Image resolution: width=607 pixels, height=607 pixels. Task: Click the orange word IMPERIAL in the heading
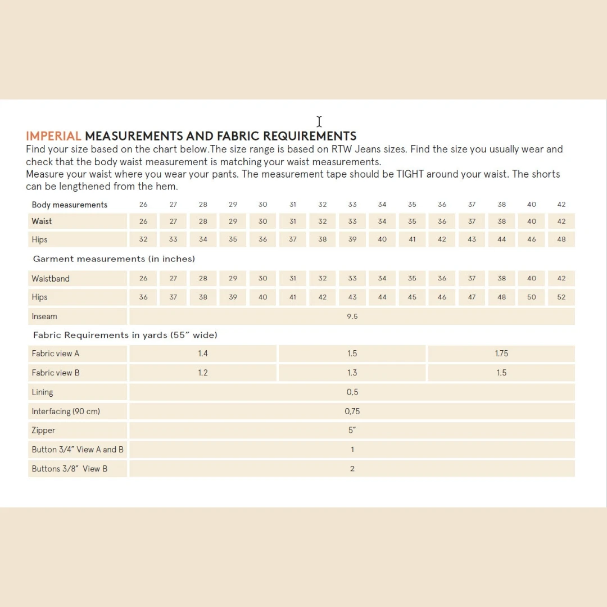[x=53, y=136]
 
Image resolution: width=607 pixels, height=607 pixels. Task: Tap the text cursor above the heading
[x=319, y=121]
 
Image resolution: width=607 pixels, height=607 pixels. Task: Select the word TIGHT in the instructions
[x=410, y=174]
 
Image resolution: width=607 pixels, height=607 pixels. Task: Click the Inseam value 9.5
[x=352, y=316]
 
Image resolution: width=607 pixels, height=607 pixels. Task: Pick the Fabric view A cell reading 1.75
[x=501, y=354]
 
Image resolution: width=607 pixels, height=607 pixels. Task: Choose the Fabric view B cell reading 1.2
[x=203, y=373]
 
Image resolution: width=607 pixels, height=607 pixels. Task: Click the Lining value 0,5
[x=352, y=392]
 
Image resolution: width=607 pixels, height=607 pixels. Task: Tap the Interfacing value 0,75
[x=352, y=411]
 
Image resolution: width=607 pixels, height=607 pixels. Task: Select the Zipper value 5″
[x=352, y=431]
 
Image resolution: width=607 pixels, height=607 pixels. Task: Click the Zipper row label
[x=44, y=431]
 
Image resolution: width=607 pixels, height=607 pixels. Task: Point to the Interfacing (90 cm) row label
[x=66, y=411]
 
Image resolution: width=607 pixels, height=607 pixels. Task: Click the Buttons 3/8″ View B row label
[x=70, y=469]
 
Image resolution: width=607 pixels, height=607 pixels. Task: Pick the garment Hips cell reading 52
[x=561, y=297]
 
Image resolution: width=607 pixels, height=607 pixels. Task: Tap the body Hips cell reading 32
[x=143, y=239]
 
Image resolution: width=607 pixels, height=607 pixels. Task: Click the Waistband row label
[x=51, y=279]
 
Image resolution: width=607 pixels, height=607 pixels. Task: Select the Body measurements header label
[x=70, y=205]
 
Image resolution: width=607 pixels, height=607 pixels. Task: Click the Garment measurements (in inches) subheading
[x=114, y=259]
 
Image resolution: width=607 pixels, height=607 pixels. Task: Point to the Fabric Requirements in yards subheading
[x=125, y=335]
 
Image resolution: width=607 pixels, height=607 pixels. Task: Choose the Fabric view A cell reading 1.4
[x=203, y=354]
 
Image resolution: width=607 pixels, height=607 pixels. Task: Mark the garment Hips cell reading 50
[x=532, y=297]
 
